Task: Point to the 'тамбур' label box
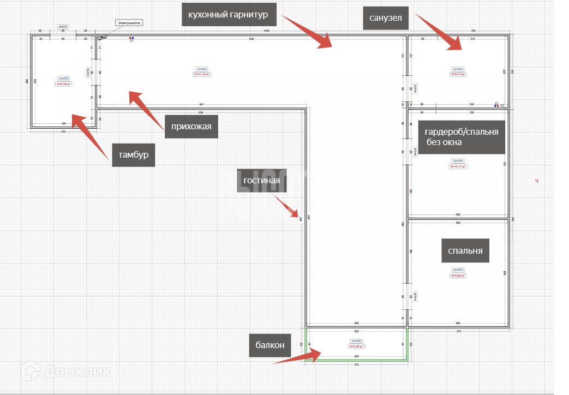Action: click(134, 155)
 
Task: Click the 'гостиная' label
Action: click(262, 181)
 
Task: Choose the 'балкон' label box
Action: click(270, 345)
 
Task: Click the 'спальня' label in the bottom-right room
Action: click(465, 251)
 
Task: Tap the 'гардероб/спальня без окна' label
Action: click(462, 137)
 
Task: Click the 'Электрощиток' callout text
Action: click(128, 23)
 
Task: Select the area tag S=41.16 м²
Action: click(202, 74)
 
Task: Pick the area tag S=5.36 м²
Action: click(63, 84)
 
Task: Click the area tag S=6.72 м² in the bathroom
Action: click(458, 74)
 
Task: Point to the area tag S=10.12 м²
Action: click(458, 166)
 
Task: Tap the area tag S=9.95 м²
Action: click(458, 276)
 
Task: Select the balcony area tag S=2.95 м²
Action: click(356, 346)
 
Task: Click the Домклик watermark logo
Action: click(67, 373)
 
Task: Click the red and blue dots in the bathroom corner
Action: click(496, 104)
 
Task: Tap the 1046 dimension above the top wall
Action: click(266, 32)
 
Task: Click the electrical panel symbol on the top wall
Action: click(101, 37)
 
